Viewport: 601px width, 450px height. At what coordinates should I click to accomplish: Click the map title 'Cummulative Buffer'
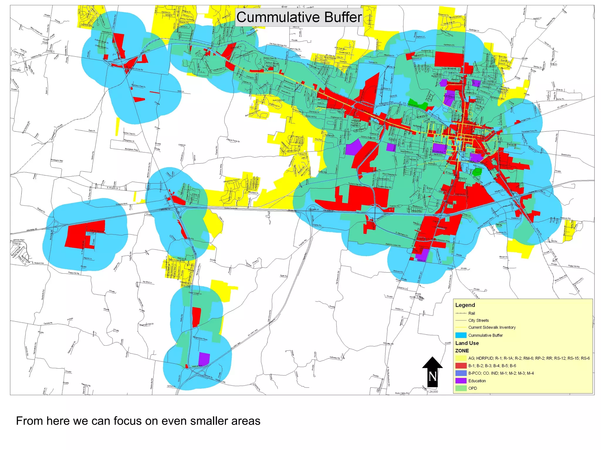click(299, 17)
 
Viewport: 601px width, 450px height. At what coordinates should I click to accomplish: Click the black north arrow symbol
click(432, 371)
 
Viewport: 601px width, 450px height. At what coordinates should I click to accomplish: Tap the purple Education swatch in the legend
click(461, 381)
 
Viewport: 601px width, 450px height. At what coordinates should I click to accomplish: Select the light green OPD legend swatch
click(461, 388)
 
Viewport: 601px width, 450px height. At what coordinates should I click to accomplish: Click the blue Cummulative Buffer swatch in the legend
click(461, 335)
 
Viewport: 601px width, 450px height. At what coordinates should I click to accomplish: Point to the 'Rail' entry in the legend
click(471, 313)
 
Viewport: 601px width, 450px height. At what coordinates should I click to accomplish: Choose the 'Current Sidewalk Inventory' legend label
click(492, 327)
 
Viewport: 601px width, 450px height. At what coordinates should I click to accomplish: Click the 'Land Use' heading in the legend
click(467, 343)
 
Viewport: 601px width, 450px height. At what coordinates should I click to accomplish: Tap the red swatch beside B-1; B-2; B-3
click(461, 366)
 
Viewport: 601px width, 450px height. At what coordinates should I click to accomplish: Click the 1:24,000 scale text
click(432, 392)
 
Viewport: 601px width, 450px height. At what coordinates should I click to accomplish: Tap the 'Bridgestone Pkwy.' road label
click(200, 338)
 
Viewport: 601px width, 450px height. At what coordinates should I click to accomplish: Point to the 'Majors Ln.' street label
click(87, 258)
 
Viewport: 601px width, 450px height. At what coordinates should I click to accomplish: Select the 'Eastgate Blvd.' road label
click(121, 204)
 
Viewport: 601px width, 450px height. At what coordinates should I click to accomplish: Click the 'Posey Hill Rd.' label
click(74, 273)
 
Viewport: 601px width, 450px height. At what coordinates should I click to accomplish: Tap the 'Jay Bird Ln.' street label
click(147, 282)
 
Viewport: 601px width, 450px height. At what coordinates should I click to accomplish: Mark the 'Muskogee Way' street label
click(57, 161)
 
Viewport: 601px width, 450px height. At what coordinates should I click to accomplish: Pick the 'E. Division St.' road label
click(113, 187)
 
